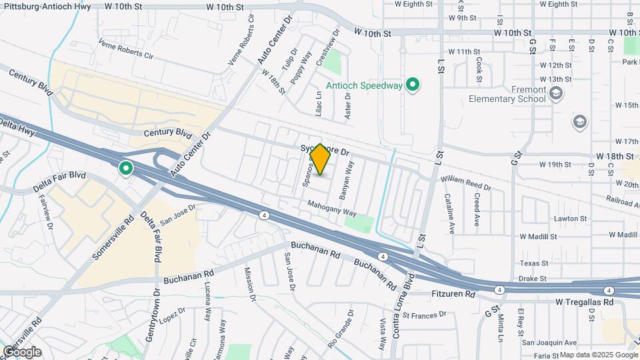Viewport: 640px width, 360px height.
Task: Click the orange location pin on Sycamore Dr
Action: [320, 160]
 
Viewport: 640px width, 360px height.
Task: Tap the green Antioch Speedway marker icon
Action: [413, 85]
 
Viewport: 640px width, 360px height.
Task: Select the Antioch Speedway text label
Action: [364, 85]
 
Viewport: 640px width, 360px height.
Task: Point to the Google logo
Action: [22, 352]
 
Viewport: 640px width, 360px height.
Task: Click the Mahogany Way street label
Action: [332, 209]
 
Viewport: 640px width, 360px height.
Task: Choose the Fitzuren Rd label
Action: [451, 293]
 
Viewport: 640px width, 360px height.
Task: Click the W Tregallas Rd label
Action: [585, 302]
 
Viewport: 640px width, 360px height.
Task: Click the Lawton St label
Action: [570, 218]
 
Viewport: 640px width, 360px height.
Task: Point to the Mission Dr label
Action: [250, 284]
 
